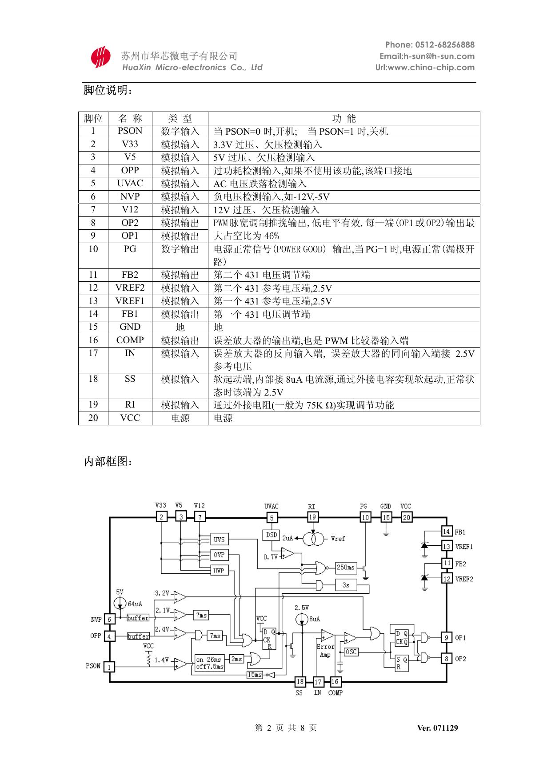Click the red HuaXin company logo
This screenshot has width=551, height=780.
pos(100,57)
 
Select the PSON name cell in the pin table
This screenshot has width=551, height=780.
pos(130,131)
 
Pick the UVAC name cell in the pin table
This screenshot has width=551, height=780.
pos(130,184)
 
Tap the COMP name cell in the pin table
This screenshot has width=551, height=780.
pos(130,340)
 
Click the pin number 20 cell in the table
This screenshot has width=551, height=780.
pos(93,418)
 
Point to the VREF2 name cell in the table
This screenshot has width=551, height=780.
pos(130,288)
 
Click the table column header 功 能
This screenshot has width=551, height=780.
pos(344,118)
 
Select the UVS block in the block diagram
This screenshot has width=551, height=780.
pos(219,540)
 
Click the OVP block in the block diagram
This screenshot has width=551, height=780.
pos(219,555)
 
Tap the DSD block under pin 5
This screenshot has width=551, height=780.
pos(272,535)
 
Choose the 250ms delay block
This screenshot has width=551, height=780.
pos(346,567)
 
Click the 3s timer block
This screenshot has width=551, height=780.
pos(346,585)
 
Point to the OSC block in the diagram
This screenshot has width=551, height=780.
pos(351,652)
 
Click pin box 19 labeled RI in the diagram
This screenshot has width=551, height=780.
pos(313,517)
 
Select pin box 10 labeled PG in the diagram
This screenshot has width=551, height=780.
pos(365,517)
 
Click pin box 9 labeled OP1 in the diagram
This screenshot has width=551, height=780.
pos(447,638)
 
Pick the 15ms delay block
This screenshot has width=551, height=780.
pos(255,675)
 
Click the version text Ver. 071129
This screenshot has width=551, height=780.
pos(437,728)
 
